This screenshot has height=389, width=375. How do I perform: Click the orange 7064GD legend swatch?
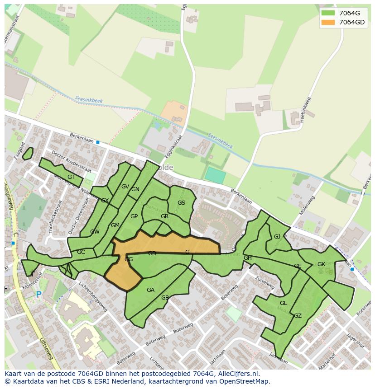click(328, 22)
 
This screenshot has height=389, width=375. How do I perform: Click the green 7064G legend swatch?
click(328, 13)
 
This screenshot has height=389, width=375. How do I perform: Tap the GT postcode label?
click(71, 177)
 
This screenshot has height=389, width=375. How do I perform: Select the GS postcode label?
click(181, 203)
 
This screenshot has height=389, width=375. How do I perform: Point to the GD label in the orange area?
click(152, 253)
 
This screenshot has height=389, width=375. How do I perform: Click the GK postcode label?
click(321, 264)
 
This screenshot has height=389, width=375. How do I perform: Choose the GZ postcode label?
click(298, 316)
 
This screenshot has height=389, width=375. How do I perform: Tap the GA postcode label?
click(150, 290)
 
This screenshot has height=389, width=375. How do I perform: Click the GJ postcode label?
click(277, 236)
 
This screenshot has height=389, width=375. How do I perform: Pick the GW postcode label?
click(95, 232)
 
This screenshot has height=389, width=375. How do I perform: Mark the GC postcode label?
click(81, 252)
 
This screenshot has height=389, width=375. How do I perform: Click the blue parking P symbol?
click(38, 294)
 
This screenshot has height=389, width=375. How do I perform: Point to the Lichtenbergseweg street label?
click(93, 297)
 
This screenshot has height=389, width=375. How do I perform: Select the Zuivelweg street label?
click(265, 283)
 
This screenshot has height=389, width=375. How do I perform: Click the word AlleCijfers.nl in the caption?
click(237, 374)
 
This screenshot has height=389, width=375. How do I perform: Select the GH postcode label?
click(247, 258)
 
